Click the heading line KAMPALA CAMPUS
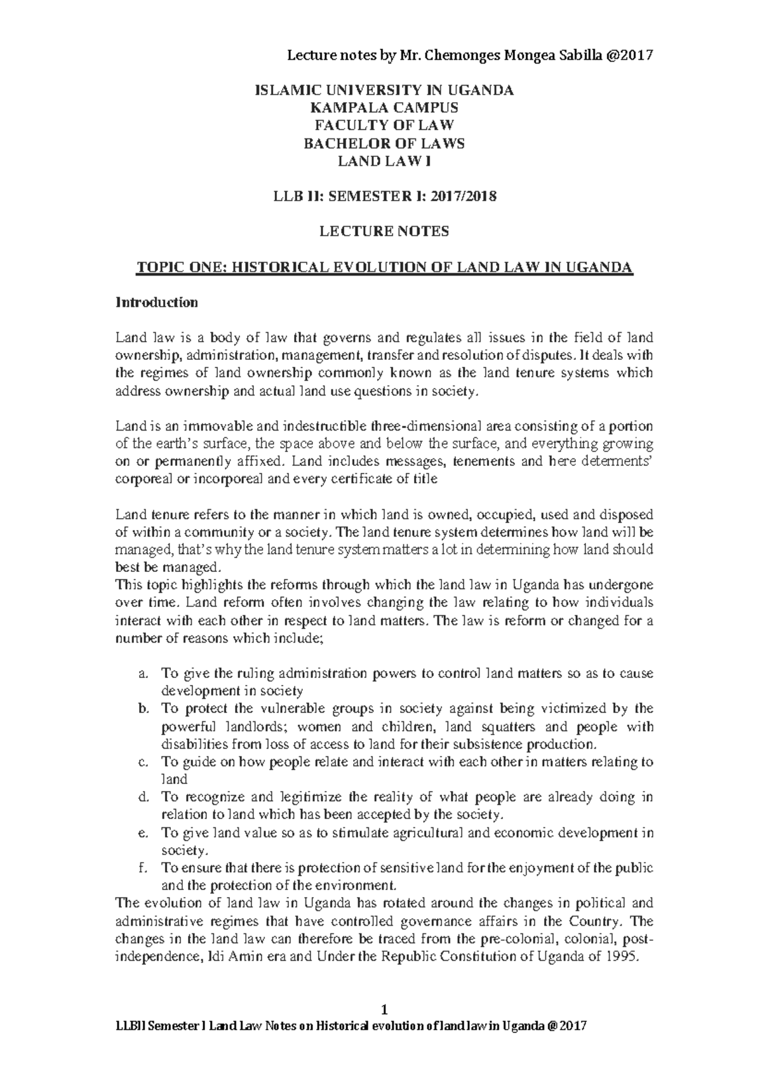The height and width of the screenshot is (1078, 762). coord(384,108)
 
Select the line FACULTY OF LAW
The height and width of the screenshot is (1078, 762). coord(384,126)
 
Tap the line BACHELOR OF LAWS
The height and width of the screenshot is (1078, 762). coord(384,143)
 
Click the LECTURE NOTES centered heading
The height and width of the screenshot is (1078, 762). coord(384,232)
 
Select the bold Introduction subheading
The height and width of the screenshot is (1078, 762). coord(156,302)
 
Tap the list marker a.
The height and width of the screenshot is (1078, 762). coord(143,673)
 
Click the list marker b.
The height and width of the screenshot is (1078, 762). coord(143,709)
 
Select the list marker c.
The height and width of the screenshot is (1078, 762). coord(143,762)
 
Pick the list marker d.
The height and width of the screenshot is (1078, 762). coord(143,797)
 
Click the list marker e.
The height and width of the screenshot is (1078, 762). coord(143,832)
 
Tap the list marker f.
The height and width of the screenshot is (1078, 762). coord(142,868)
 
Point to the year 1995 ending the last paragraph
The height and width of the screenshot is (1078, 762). coord(620,957)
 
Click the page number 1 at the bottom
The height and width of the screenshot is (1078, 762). coord(384,1009)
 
